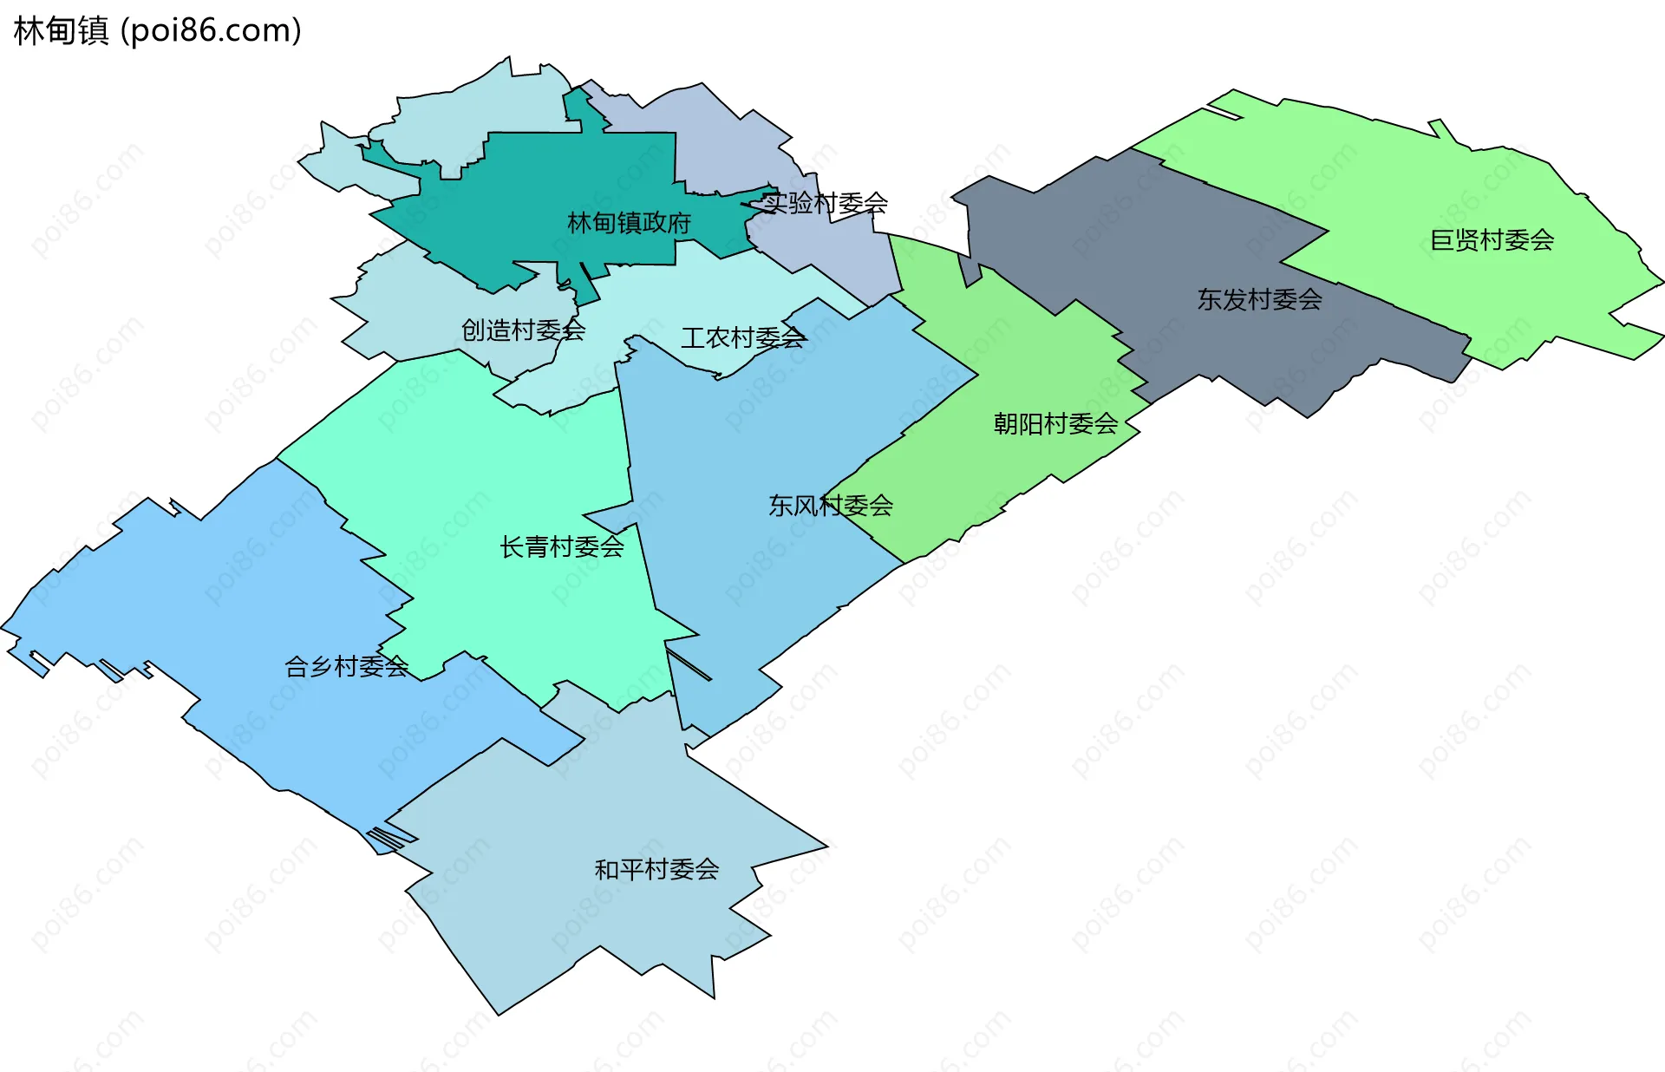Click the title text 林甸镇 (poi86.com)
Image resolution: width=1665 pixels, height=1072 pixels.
(157, 30)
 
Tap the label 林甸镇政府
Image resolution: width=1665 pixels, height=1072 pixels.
(629, 223)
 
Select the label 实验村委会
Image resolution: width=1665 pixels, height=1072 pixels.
(825, 203)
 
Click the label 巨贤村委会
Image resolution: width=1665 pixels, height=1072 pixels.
(1492, 240)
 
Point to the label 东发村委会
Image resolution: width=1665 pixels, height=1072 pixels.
(1259, 299)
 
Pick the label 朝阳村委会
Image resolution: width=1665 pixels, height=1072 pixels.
(1055, 423)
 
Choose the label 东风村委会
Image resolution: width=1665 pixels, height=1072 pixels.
(831, 505)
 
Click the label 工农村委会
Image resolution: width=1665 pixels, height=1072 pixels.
(743, 337)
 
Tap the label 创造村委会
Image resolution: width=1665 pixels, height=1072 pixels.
(523, 330)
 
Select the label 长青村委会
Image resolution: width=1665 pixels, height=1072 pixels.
(562, 546)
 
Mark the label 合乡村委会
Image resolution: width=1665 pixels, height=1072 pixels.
(347, 666)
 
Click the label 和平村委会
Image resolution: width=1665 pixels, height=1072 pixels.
(656, 868)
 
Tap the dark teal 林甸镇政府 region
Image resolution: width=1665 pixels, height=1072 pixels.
(555, 182)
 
